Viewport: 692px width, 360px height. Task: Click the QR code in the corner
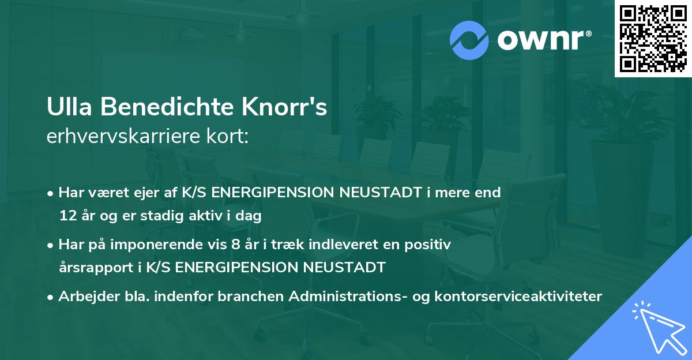pyautogui.click(x=653, y=38)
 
